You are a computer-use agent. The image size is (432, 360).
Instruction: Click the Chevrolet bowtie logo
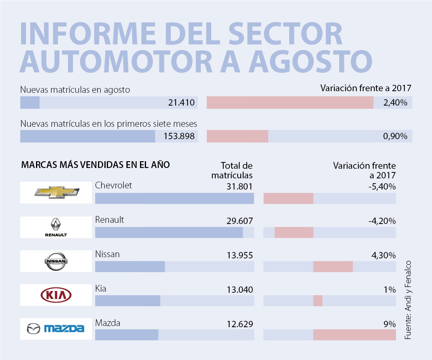point(56,192)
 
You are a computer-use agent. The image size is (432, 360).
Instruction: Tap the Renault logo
point(56,227)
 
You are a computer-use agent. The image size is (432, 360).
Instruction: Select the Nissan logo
point(56,261)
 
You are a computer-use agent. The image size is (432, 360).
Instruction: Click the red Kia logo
point(56,296)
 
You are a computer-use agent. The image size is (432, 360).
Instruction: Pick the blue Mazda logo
point(56,329)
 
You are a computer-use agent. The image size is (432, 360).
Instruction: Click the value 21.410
point(181,103)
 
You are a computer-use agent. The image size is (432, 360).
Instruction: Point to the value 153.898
point(179,136)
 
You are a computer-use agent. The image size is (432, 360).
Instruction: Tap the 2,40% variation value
point(395,103)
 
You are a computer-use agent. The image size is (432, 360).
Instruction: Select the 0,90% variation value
point(395,136)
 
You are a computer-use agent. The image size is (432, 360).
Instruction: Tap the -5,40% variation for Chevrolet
point(382,186)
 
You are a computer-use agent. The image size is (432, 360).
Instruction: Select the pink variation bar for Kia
point(318,301)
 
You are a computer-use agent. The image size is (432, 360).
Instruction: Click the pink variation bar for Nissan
point(333,266)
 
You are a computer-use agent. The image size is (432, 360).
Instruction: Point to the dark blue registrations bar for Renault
point(169,232)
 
